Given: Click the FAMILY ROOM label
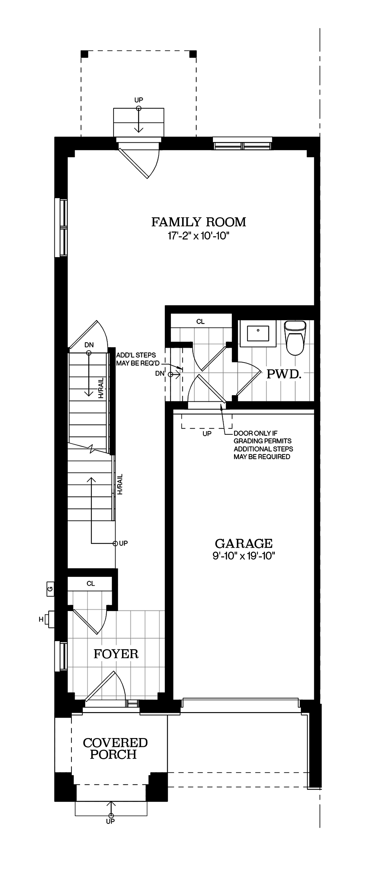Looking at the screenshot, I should (x=199, y=222).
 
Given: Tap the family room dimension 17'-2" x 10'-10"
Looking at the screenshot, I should (x=199, y=236).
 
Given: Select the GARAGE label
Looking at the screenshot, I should (x=243, y=544).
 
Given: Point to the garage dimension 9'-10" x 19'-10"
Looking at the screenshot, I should (x=243, y=556).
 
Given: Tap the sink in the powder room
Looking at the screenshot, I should (x=258, y=334).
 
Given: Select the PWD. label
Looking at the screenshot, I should (x=284, y=374).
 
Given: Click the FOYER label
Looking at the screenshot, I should (x=116, y=654).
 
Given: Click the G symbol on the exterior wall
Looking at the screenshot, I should (x=50, y=589).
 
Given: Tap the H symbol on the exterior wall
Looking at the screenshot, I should (x=41, y=620).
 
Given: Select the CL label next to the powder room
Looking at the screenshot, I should (x=200, y=322).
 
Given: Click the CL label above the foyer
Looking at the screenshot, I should (x=91, y=584).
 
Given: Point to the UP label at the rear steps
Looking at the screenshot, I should (x=139, y=100).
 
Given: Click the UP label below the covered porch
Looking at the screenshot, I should (x=110, y=821).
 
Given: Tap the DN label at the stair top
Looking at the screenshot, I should (x=89, y=345).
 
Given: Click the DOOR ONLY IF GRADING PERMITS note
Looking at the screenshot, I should (x=263, y=445).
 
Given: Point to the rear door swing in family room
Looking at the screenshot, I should (x=142, y=164).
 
